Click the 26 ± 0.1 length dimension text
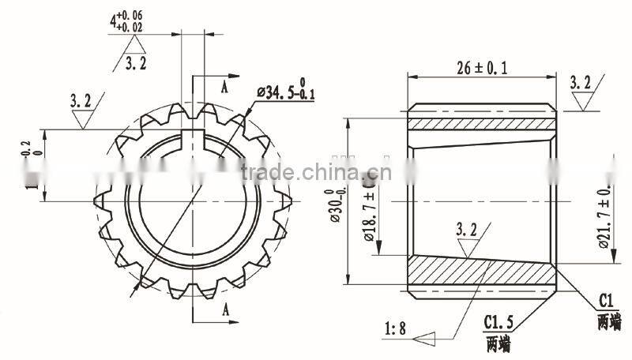[482, 68]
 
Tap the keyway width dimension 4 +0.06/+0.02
[126, 22]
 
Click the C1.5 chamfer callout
[498, 324]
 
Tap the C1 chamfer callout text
[607, 301]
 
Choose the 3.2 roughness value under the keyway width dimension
[136, 63]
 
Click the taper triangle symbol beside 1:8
[427, 337]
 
